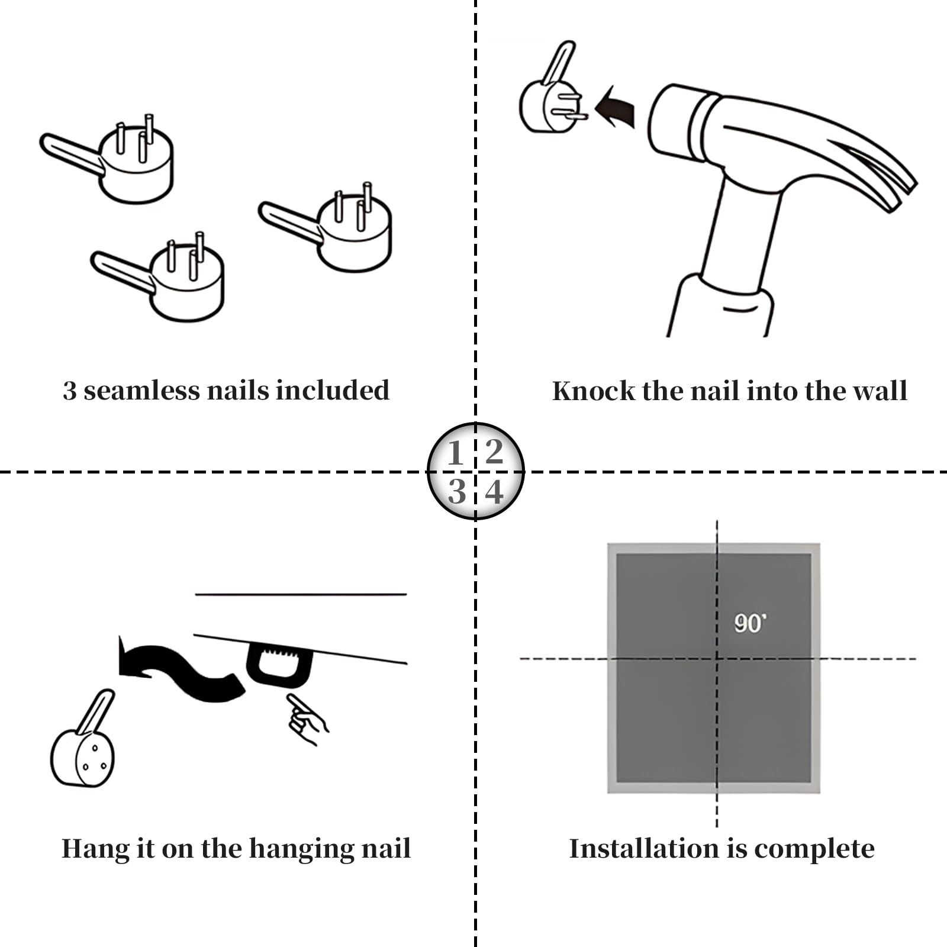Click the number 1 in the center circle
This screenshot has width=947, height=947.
(x=455, y=453)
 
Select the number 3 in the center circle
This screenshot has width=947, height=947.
(x=456, y=492)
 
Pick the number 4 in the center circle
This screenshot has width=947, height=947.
(x=494, y=492)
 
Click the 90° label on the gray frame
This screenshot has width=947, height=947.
(x=750, y=623)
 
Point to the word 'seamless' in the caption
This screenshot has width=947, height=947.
(x=142, y=391)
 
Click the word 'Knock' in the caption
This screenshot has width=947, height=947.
(x=593, y=391)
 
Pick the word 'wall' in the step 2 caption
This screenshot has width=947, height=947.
(x=884, y=391)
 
